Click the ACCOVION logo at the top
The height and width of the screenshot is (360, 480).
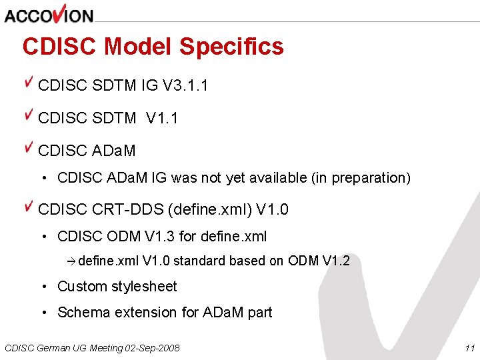[49, 14]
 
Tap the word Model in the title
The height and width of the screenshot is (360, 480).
[138, 47]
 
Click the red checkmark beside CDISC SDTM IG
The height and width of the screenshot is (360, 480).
[29, 83]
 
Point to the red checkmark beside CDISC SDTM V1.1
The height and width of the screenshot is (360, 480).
[29, 115]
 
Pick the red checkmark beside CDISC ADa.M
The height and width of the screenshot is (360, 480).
[29, 148]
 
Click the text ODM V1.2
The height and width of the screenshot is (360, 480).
[319, 261]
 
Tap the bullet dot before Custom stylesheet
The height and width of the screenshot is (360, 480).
[43, 287]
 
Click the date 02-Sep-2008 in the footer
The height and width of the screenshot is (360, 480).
[153, 348]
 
